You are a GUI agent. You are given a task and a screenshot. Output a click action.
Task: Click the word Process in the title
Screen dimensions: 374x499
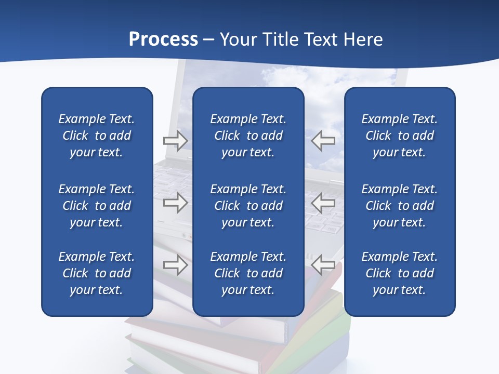[163, 39]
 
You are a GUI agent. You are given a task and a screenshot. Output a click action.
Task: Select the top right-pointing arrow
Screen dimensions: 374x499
[175, 141]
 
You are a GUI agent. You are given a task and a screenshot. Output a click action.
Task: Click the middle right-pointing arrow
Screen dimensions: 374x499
[175, 203]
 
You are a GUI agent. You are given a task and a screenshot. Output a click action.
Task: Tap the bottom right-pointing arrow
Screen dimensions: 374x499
[175, 265]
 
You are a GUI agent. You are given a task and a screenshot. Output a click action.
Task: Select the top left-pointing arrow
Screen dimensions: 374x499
[323, 141]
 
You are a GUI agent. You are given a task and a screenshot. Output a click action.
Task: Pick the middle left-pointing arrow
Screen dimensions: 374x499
[323, 203]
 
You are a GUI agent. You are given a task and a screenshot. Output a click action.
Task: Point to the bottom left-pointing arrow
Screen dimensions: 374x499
[323, 265]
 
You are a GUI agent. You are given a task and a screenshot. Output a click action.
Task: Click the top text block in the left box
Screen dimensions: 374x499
[97, 136]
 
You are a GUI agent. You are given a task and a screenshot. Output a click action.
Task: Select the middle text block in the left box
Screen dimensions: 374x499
[97, 206]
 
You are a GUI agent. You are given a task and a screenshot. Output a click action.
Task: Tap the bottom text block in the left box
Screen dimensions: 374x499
[97, 273]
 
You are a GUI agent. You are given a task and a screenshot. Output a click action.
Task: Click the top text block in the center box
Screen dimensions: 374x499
[248, 136]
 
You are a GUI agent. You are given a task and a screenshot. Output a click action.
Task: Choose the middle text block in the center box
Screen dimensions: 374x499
[248, 206]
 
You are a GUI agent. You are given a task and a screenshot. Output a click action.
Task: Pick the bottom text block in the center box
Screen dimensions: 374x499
[248, 273]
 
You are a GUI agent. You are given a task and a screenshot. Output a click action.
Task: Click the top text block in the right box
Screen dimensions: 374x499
[399, 136]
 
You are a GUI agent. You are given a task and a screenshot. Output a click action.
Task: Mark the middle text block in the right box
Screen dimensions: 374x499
[399, 206]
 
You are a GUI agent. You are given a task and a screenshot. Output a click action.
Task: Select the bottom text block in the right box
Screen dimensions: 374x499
[399, 273]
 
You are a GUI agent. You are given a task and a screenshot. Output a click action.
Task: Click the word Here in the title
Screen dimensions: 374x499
[363, 39]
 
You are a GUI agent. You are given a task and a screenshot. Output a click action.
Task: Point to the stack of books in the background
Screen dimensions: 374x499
[239, 343]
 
